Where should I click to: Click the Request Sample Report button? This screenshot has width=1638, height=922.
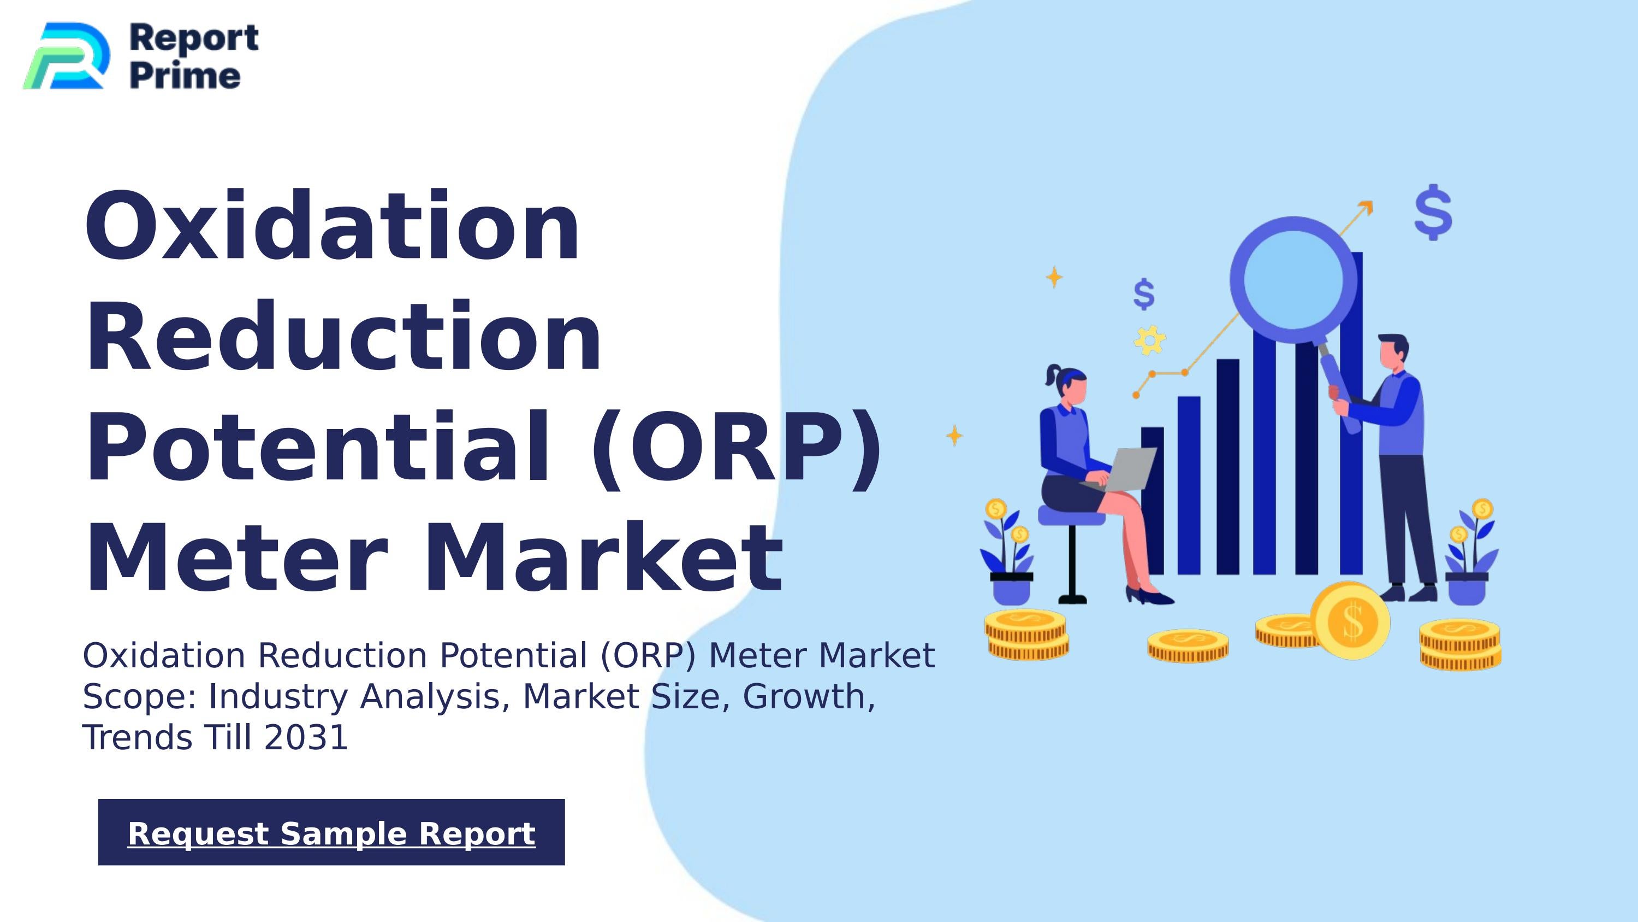pyautogui.click(x=331, y=832)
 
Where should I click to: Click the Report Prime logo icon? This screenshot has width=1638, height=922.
pyautogui.click(x=66, y=56)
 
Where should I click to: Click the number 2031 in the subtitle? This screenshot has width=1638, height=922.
pyautogui.click(x=306, y=737)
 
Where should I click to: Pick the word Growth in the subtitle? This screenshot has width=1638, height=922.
pyautogui.click(x=804, y=696)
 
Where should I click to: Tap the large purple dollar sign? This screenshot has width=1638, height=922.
pyautogui.click(x=1433, y=212)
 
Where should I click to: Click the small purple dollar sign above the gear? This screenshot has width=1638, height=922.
pyautogui.click(x=1144, y=294)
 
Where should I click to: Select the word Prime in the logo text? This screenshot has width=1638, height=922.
pyautogui.click(x=185, y=76)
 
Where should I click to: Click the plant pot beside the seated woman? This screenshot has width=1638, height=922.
pyautogui.click(x=1011, y=588)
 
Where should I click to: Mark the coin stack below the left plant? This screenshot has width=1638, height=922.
pyautogui.click(x=1026, y=635)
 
